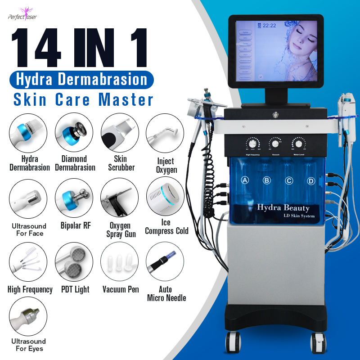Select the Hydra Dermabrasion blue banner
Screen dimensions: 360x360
tap(81, 80)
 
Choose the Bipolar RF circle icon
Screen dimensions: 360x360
tap(74, 198)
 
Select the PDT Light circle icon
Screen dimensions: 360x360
tap(74, 262)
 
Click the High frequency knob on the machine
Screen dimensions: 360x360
tap(253, 144)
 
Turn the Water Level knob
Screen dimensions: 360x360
tap(298, 144)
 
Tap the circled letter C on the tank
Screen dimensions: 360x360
tap(289, 180)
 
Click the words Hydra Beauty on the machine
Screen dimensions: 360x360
tap(283, 207)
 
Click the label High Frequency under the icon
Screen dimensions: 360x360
tap(30, 289)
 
